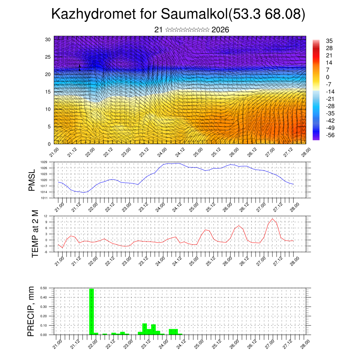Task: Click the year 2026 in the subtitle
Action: (x=220, y=30)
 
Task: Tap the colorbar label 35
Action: (x=329, y=41)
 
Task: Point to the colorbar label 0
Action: (x=328, y=77)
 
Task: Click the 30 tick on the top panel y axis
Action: (x=48, y=39)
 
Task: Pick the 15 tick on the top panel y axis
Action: (x=48, y=92)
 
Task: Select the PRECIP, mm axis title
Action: (x=32, y=311)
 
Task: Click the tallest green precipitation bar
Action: (x=91, y=311)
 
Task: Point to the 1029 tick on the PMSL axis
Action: (x=44, y=162)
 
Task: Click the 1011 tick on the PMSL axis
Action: (x=44, y=198)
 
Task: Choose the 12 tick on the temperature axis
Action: (x=46, y=216)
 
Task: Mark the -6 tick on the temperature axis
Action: (x=45, y=252)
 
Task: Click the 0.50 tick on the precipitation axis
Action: (x=44, y=288)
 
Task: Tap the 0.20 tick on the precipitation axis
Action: (x=44, y=316)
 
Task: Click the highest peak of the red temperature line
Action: (x=272, y=219)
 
